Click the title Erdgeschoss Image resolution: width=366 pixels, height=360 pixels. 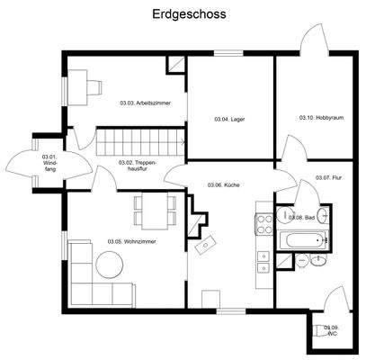pyautogui.click(x=183, y=15)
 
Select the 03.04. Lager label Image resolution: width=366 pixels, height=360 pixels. pyautogui.click(x=228, y=118)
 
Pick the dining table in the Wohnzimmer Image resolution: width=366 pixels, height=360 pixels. pyautogui.click(x=153, y=211)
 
